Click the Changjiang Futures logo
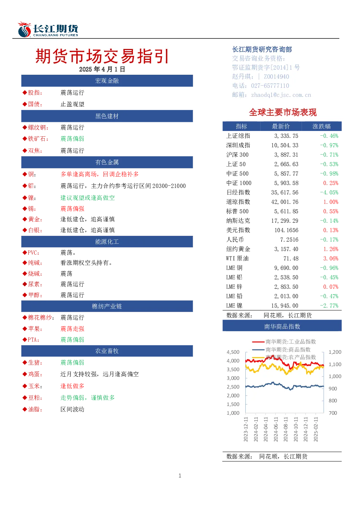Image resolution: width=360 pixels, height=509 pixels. click(x=48, y=29)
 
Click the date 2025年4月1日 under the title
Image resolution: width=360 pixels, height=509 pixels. click(x=102, y=69)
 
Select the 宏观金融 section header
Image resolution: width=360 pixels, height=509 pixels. click(x=107, y=81)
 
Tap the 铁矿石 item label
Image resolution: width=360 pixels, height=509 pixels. click(x=38, y=139)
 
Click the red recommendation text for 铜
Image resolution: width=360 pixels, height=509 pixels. click(x=99, y=174)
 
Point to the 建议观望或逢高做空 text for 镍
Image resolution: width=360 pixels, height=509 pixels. click(x=87, y=198)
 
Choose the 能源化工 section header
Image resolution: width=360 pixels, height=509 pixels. click(x=107, y=242)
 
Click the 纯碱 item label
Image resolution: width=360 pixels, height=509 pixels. click(x=35, y=263)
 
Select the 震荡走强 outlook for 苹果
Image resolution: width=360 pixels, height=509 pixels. click(x=72, y=329)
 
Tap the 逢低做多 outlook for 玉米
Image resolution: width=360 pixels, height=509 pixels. click(x=72, y=386)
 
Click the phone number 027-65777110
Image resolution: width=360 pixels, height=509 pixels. click(x=270, y=86)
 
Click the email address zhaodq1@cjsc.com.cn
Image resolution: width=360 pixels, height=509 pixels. click(x=281, y=95)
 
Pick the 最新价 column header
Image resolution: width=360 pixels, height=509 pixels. click(x=281, y=126)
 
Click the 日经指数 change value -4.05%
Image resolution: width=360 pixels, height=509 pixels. click(x=329, y=193)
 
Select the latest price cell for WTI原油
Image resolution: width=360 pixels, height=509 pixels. click(x=291, y=258)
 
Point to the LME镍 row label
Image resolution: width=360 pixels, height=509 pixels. click(x=234, y=305)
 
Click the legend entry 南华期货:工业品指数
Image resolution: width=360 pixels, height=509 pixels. click(x=291, y=341)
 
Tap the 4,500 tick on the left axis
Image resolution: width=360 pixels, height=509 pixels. click(x=233, y=352)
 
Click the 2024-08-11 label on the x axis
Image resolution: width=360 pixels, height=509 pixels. click(x=286, y=429)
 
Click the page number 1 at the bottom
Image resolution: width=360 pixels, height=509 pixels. click(x=180, y=476)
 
